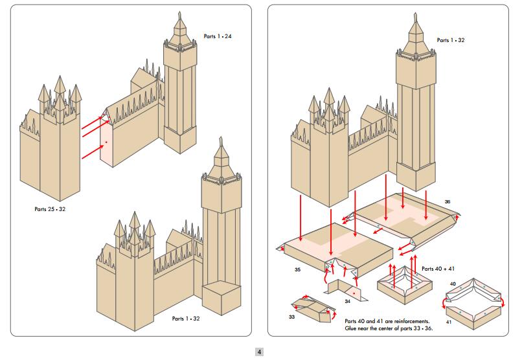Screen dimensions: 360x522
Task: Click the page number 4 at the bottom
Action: tap(260, 352)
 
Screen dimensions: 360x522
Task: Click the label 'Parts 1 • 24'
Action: tap(218, 36)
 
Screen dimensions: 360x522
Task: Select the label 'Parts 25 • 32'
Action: tap(50, 209)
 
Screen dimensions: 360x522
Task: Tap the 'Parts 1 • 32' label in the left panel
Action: tap(187, 319)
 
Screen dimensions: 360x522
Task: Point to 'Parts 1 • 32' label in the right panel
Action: tap(451, 40)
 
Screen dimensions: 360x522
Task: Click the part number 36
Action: tap(447, 201)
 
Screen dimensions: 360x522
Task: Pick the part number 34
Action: tap(347, 301)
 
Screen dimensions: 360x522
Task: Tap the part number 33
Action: tap(292, 317)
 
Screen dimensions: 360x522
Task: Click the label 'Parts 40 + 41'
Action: tap(437, 267)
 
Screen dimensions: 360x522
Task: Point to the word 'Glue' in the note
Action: tap(352, 329)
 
